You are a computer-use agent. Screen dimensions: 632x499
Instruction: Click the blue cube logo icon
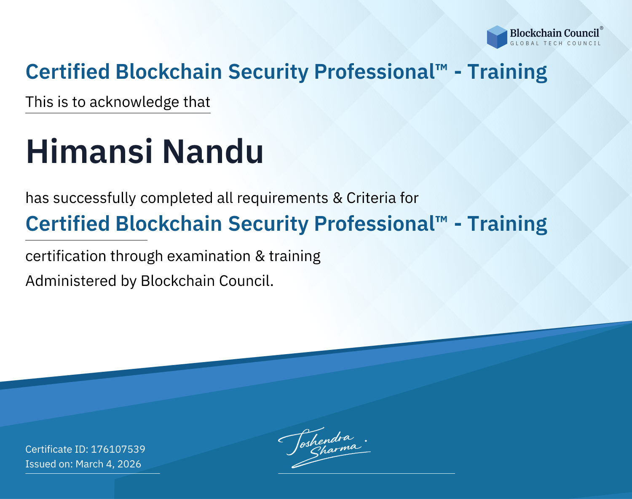point(497,37)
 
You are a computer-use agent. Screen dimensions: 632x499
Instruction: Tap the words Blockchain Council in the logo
point(554,33)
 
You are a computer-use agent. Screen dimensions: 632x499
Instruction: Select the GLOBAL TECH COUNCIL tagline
point(555,43)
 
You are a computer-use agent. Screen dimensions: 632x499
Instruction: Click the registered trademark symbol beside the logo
point(601,28)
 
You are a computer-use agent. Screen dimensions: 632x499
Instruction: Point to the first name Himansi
point(89,152)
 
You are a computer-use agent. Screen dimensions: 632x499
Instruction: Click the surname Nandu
point(213,152)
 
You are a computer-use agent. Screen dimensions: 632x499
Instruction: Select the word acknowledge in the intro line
point(134,102)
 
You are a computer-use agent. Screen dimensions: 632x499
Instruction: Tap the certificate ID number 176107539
point(118,449)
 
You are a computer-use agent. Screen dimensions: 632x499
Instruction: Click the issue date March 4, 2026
point(108,464)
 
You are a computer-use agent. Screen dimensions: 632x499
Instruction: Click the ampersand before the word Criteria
point(337,198)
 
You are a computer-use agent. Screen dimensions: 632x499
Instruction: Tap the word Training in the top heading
point(507,72)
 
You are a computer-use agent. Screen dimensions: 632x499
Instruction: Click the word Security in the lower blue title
point(268,224)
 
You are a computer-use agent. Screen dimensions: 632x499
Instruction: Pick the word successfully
point(94,198)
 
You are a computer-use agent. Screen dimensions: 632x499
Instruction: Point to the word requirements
point(283,198)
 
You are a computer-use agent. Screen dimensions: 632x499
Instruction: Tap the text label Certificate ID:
point(57,449)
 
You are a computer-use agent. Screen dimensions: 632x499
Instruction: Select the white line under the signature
point(367,473)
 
